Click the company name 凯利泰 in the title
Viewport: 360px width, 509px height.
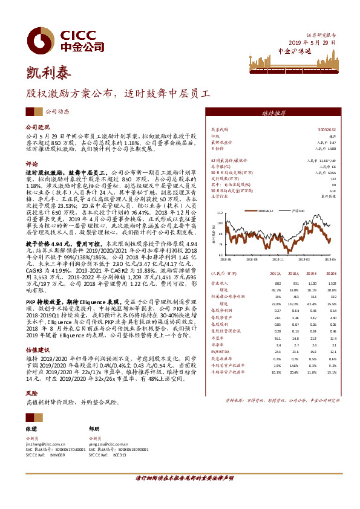pyautogui.click(x=48, y=73)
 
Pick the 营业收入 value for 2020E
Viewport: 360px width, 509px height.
pyautogui.click(x=331, y=282)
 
